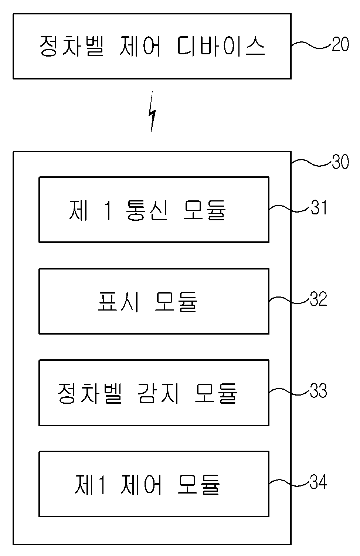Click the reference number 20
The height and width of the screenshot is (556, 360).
tap(340, 44)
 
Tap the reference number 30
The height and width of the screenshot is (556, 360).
tap(340, 162)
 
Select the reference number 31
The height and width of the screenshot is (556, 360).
tap(319, 207)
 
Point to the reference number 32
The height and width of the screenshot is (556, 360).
tap(319, 299)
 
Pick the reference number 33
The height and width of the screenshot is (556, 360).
tap(319, 390)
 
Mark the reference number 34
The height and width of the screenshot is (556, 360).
tap(319, 482)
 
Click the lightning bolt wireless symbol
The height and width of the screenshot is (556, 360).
tap(152, 112)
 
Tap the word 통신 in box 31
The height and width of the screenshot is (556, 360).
tap(147, 210)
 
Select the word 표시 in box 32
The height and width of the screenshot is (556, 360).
tap(118, 301)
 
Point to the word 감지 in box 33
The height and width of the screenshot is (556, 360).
tap(158, 393)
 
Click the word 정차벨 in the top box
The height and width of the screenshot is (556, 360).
tap(71, 46)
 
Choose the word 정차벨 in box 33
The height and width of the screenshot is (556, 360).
tap(89, 393)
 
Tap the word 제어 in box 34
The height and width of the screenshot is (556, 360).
tap(141, 484)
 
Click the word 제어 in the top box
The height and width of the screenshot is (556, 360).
tap(140, 46)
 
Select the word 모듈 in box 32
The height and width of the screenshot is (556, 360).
tap(176, 301)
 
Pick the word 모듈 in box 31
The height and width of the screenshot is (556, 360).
tap(205, 210)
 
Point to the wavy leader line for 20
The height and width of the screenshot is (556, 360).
tap(312, 45)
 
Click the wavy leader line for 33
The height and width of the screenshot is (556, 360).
tap(290, 391)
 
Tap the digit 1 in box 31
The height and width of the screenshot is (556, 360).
tap(108, 210)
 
